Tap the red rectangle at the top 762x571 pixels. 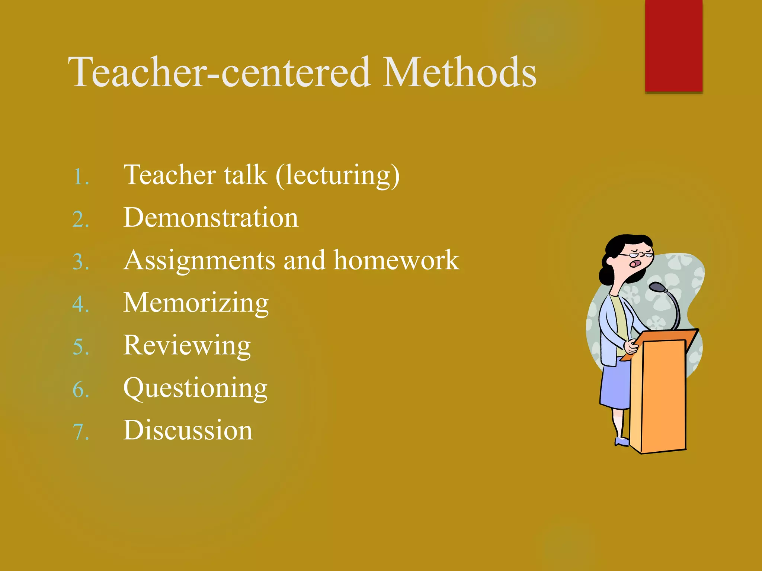click(x=673, y=45)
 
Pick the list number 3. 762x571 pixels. click(x=80, y=262)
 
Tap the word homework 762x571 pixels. click(x=396, y=260)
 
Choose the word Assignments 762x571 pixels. click(x=199, y=261)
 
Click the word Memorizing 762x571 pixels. click(x=196, y=303)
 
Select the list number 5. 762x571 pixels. click(x=80, y=347)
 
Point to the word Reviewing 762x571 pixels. click(x=187, y=346)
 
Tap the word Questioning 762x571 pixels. click(x=195, y=388)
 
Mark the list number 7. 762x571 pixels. click(x=80, y=432)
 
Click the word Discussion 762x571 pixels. click(x=188, y=430)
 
